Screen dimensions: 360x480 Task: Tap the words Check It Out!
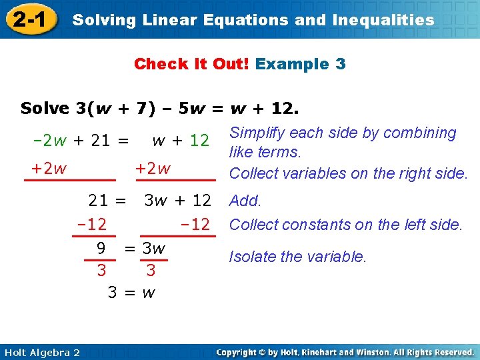click(192, 64)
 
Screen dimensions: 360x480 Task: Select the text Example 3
click(301, 64)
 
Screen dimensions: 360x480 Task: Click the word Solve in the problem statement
click(45, 108)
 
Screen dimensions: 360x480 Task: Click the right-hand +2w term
click(153, 169)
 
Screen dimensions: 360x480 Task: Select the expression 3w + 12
click(178, 200)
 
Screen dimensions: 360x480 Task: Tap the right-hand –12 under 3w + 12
click(195, 225)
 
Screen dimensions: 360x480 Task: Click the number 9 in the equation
click(101, 249)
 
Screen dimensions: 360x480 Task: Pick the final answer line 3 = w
click(131, 292)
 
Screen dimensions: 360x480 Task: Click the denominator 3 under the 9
click(101, 270)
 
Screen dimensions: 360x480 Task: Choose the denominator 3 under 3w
click(151, 270)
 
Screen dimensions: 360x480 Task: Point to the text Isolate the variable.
click(297, 256)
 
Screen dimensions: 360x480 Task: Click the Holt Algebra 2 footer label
click(41, 352)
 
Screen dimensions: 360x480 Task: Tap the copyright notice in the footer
click(345, 352)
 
